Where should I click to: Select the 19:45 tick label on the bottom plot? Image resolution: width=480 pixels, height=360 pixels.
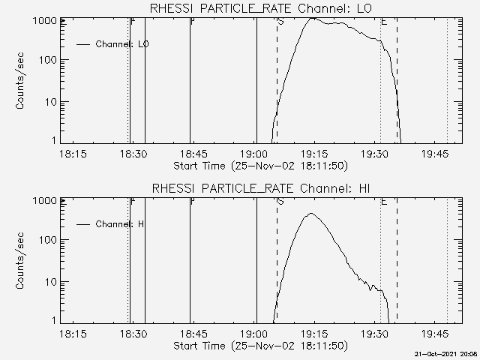[435, 332]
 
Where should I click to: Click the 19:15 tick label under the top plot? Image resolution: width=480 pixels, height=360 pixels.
[314, 153]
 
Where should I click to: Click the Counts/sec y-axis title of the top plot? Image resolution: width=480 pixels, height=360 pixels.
[22, 81]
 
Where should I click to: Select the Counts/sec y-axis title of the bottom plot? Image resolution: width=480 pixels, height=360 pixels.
[22, 260]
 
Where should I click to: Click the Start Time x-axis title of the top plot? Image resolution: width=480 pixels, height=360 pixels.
[259, 165]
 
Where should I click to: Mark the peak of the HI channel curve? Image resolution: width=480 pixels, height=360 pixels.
[311, 214]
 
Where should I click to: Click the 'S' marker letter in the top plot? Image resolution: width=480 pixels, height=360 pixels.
[280, 22]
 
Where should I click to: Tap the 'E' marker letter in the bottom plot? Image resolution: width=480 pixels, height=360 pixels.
[384, 201]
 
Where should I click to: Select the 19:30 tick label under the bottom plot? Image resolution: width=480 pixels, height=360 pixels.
[374, 332]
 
